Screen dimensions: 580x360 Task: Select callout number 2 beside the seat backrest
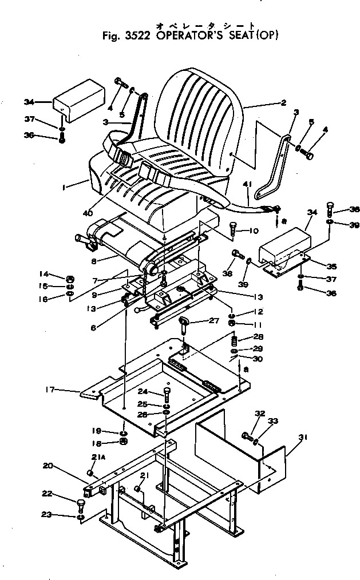click(x=283, y=104)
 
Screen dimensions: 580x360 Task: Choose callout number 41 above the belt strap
click(x=248, y=184)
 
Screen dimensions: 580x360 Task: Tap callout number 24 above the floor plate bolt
click(x=143, y=391)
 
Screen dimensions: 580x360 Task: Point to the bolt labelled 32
click(x=247, y=437)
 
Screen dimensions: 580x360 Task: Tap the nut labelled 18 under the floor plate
click(x=122, y=442)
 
